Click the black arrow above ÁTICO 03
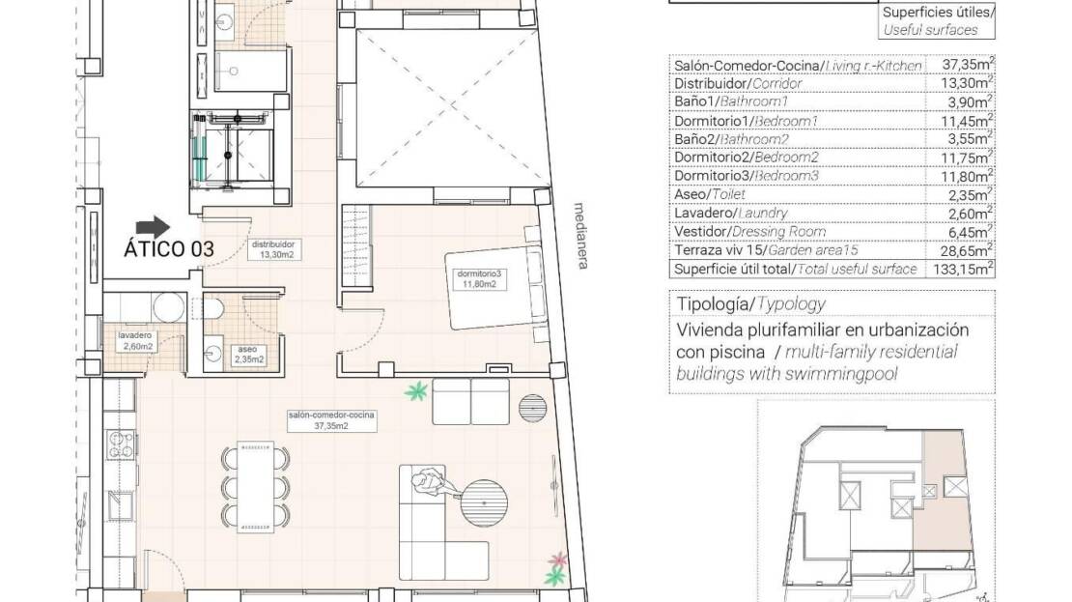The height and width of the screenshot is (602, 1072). click(x=154, y=228)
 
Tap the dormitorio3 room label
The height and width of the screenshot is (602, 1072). click(x=479, y=279)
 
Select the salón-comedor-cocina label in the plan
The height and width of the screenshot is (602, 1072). click(x=331, y=420)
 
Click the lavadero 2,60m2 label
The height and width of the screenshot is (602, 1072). click(x=135, y=341)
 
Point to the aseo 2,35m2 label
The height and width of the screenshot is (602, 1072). click(x=248, y=355)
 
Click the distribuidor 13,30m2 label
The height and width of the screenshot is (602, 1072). click(x=276, y=249)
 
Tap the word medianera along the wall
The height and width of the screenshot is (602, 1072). click(x=581, y=236)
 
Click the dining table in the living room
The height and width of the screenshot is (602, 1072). click(x=256, y=487)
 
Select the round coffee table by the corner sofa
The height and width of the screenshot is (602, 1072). click(x=484, y=502)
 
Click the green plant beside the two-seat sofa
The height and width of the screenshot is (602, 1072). click(x=415, y=392)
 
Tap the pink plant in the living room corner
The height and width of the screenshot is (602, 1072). click(x=558, y=559)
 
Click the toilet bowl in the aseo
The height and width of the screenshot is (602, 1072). click(x=213, y=308)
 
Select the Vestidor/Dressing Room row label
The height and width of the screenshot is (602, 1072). click(x=750, y=232)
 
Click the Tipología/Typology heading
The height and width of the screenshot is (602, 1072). click(x=750, y=303)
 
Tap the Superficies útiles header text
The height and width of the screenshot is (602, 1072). click(x=938, y=13)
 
